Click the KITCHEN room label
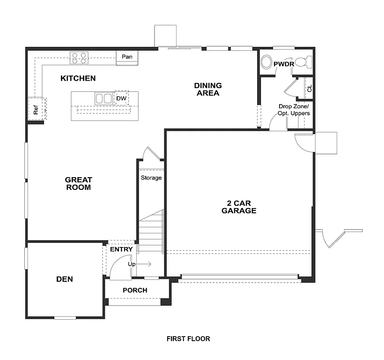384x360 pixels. pyautogui.click(x=78, y=78)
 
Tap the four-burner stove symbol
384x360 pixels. pyautogui.click(x=79, y=58)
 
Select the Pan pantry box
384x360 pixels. pyautogui.click(x=127, y=57)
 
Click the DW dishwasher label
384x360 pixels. pyautogui.click(x=121, y=98)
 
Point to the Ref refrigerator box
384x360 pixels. pyautogui.click(x=36, y=109)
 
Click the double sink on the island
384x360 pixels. pyautogui.click(x=103, y=98)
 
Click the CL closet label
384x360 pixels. pyautogui.click(x=309, y=89)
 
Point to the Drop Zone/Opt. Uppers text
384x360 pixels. pyautogui.click(x=294, y=110)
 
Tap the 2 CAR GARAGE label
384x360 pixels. pyautogui.click(x=239, y=207)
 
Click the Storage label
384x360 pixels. pyautogui.click(x=151, y=178)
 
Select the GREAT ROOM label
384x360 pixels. pyautogui.click(x=78, y=183)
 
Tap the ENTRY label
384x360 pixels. pyautogui.click(x=121, y=249)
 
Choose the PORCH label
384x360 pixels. pyautogui.click(x=135, y=290)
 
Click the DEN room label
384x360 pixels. pyautogui.click(x=65, y=279)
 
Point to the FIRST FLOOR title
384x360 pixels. pyautogui.click(x=188, y=338)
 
